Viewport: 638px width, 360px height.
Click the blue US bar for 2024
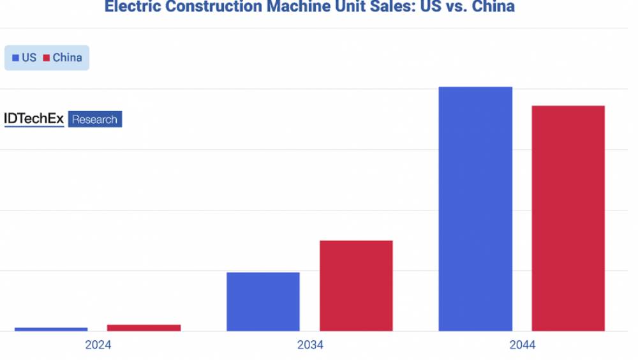(x=51, y=329)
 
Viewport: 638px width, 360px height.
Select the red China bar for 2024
(x=144, y=328)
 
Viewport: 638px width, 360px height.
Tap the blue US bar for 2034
(x=263, y=302)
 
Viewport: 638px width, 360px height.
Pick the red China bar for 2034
(x=356, y=286)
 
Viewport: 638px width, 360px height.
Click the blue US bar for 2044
(x=475, y=209)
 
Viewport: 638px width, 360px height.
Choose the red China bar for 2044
(x=568, y=218)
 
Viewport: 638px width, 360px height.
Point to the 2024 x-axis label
(x=98, y=345)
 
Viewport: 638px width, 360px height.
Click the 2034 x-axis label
(x=310, y=345)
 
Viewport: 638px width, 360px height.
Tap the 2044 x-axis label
(x=522, y=345)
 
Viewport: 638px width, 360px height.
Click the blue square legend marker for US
(x=15, y=58)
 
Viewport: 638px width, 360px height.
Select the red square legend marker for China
(x=47, y=58)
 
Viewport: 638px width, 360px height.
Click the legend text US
(x=29, y=58)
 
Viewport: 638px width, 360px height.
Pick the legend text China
(x=67, y=58)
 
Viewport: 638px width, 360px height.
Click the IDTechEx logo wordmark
(x=34, y=119)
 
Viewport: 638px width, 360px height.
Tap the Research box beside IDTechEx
(x=94, y=119)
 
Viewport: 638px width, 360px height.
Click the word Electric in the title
(x=130, y=7)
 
